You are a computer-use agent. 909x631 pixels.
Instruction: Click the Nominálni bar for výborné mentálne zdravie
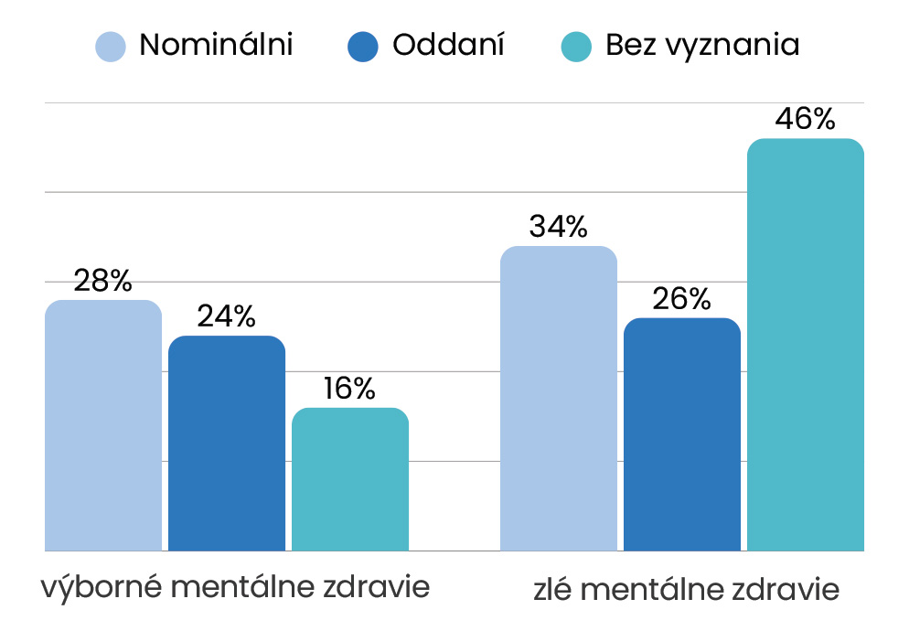[103, 425]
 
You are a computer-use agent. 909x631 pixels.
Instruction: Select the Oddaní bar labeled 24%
[227, 444]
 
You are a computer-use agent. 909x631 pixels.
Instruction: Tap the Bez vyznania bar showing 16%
[350, 479]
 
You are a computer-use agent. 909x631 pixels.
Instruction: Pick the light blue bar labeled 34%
[559, 399]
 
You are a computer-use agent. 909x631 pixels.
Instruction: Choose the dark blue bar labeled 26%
[682, 434]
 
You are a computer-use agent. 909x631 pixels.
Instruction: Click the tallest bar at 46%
[806, 345]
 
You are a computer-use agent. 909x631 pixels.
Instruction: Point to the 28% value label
[103, 281]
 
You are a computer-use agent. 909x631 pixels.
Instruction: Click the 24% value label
[227, 317]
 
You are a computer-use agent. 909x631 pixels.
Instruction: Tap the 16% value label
[350, 389]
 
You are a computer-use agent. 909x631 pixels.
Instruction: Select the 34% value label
[558, 227]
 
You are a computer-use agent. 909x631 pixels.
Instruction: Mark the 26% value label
[681, 299]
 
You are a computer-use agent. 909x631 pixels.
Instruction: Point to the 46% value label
[806, 120]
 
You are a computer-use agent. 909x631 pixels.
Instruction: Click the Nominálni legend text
[216, 45]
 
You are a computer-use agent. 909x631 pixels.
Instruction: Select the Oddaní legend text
[449, 45]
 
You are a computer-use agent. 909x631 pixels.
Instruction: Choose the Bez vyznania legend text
[702, 45]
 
